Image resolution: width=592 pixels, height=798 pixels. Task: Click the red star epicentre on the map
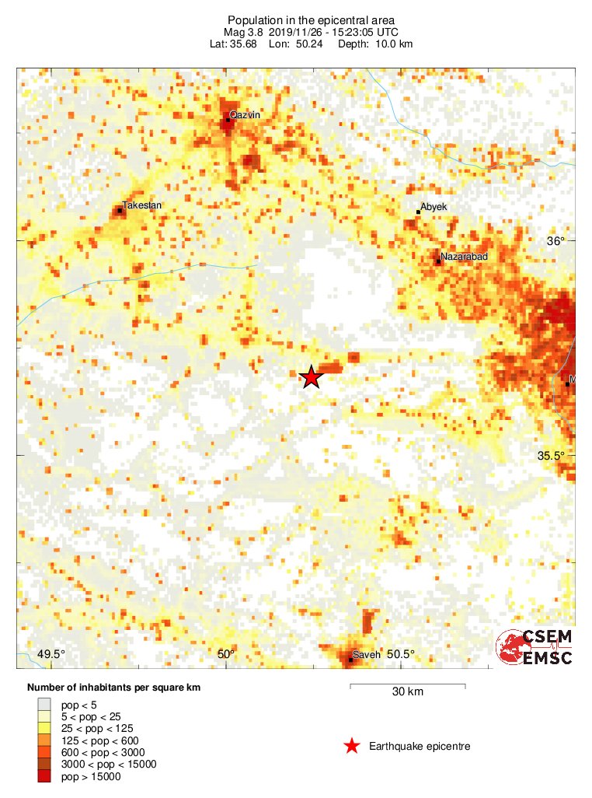312,377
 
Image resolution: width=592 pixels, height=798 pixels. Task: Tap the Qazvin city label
245,115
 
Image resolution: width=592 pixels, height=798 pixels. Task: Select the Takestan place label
142,205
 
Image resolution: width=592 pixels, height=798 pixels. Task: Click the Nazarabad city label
464,257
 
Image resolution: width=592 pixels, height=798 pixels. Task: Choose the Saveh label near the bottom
367,655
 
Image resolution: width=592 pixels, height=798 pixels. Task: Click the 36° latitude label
556,241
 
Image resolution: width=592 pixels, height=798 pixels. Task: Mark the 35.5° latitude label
551,456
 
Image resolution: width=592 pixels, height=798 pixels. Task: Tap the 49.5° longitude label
52,654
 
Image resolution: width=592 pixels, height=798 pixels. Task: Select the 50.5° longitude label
401,654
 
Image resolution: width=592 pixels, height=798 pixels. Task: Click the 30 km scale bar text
407,692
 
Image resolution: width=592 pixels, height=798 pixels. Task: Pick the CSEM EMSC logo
535,648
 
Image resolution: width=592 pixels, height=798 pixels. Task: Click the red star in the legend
352,747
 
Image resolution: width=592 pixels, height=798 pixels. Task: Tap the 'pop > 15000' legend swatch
46,776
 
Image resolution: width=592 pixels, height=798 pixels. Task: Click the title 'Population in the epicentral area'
312,19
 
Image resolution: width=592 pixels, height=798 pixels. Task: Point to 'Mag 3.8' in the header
244,32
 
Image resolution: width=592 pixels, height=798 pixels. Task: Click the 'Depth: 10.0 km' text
375,44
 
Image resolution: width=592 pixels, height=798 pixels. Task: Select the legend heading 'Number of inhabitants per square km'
114,688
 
